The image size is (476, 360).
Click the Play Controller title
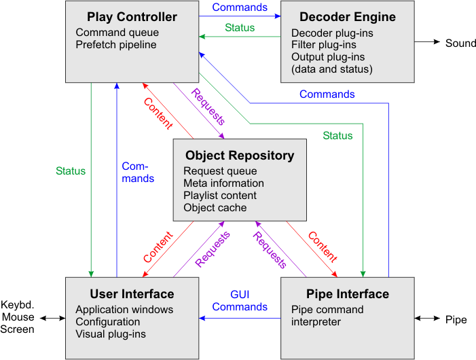pyautogui.click(x=132, y=16)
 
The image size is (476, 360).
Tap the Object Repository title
pyautogui.click(x=240, y=156)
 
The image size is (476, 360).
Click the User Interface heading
pyautogui.click(x=132, y=294)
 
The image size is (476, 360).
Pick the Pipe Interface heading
pyautogui.click(x=348, y=294)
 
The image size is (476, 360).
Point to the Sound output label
pyautogui.click(x=460, y=43)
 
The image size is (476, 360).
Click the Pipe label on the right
pyautogui.click(x=456, y=319)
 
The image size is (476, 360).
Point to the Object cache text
pyautogui.click(x=215, y=208)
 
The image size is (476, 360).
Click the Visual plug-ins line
pyautogui.click(x=111, y=334)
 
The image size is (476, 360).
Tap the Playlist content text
pyautogui.click(x=221, y=196)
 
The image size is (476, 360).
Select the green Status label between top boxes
pyautogui.click(x=240, y=28)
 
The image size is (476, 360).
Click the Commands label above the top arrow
pyautogui.click(x=240, y=7)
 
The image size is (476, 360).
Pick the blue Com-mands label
pyautogui.click(x=138, y=173)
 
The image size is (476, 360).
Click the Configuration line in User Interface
pyautogui.click(x=108, y=322)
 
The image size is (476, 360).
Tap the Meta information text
pyautogui.click(x=223, y=183)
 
